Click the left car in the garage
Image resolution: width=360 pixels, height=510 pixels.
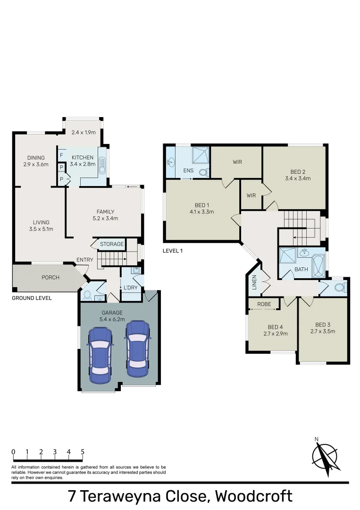click(x=100, y=352)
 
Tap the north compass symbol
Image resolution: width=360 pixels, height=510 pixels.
click(x=326, y=456)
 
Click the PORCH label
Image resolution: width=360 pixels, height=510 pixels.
click(x=50, y=278)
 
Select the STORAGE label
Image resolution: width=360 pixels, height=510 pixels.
click(x=112, y=244)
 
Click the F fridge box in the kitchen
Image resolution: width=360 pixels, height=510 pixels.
click(x=61, y=155)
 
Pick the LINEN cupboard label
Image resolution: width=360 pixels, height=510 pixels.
click(x=254, y=282)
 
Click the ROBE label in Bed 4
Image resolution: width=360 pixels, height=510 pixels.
click(x=264, y=304)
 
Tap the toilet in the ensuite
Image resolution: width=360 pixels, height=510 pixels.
click(x=204, y=173)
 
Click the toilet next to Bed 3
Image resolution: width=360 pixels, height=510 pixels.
click(x=339, y=287)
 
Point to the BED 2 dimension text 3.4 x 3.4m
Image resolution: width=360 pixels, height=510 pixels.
click(x=298, y=178)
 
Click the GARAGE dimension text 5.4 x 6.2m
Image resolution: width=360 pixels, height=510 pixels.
click(x=112, y=319)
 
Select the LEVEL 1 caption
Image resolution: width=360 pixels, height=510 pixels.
click(x=173, y=251)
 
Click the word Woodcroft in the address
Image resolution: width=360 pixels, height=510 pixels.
click(x=253, y=496)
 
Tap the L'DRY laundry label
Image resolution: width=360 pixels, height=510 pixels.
click(x=131, y=287)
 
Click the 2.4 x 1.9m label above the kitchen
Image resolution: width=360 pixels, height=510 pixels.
click(x=84, y=132)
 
